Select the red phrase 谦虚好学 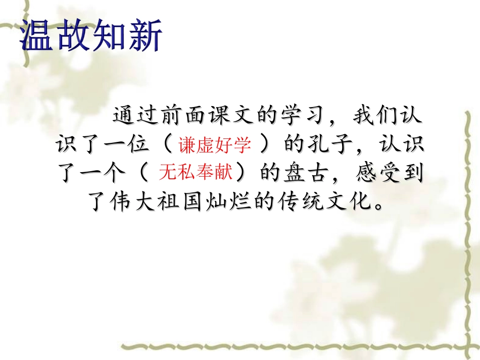coord(214,145)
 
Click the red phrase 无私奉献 coord(195,173)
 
